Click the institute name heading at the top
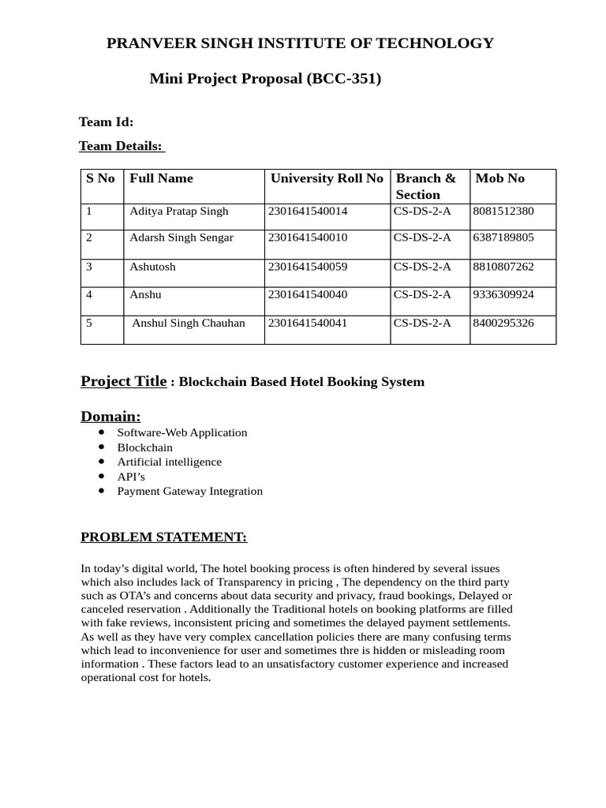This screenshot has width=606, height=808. [300, 43]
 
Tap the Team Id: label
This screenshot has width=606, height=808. [106, 122]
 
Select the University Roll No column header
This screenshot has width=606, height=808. [327, 178]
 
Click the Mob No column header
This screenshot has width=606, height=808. [499, 178]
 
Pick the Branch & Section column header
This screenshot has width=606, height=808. [426, 186]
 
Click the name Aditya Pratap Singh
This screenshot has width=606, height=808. [178, 211]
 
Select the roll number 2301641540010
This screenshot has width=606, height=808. [308, 238]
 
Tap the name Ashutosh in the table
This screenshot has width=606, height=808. [152, 267]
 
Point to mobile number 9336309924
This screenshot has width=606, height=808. [503, 294]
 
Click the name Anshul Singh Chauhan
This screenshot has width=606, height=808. [189, 323]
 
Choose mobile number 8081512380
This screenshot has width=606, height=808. [503, 211]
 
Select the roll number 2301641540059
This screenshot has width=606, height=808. [308, 267]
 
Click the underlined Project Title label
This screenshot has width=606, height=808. [123, 381]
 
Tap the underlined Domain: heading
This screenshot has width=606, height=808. [110, 416]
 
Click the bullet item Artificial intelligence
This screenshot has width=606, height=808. [169, 462]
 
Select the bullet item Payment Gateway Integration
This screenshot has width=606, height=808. [189, 491]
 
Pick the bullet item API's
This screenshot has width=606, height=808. [131, 477]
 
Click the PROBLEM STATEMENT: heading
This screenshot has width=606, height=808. [163, 537]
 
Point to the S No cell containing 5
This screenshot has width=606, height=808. [89, 323]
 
